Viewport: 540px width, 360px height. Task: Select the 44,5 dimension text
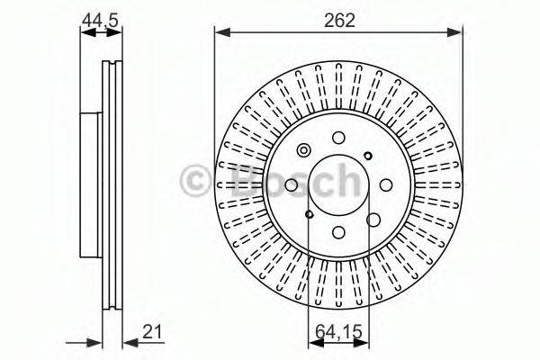click(x=99, y=19)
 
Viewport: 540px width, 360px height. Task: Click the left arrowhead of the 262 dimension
click(x=220, y=33)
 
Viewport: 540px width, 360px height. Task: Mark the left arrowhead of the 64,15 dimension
click(x=312, y=342)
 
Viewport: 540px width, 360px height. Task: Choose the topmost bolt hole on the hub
click(x=338, y=138)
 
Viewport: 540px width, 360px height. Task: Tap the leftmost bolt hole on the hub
click(x=291, y=184)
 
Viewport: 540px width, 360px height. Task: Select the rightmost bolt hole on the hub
click(x=385, y=184)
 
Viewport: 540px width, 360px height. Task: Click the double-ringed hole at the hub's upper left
click(x=304, y=151)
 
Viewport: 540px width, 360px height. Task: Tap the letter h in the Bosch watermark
click(x=342, y=180)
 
